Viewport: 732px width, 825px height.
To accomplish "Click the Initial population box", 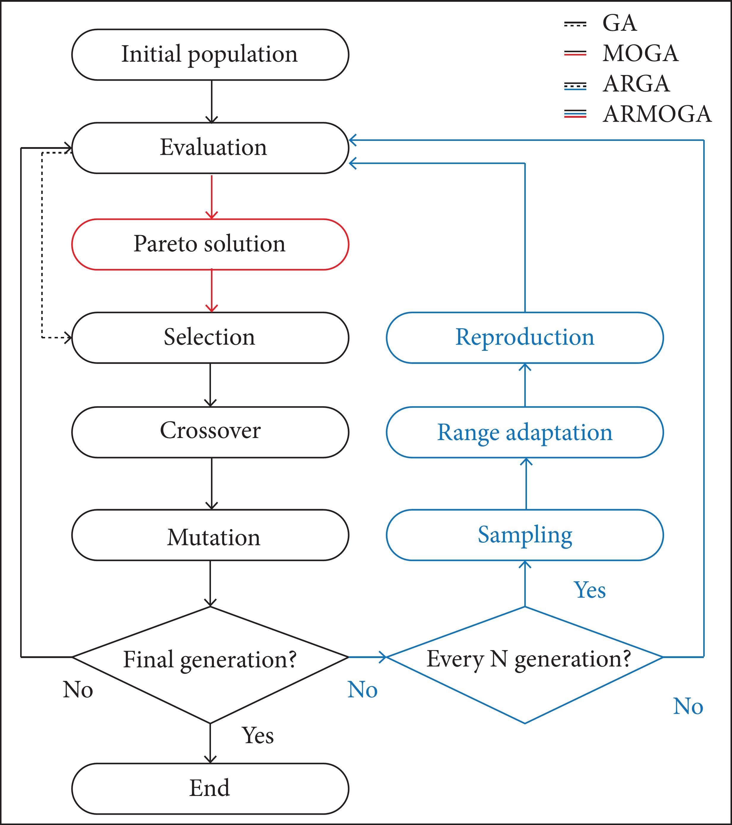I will point(210,55).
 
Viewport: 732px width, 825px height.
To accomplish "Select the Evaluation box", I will point(210,148).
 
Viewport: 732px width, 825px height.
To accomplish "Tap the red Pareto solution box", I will point(210,244).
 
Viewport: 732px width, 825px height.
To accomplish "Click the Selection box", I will point(210,337).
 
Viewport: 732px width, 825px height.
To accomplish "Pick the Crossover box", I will point(210,431).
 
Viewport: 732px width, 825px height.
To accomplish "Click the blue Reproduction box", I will point(525,337).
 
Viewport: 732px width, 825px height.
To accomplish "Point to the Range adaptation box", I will point(525,432).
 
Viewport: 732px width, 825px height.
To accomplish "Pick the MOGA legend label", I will point(640,53).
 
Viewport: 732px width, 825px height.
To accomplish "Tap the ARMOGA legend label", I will point(657,114).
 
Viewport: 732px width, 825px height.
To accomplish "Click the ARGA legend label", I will point(636,84).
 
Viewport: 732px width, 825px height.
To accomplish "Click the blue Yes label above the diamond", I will point(590,590).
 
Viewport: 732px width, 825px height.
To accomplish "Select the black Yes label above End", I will point(258,735).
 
